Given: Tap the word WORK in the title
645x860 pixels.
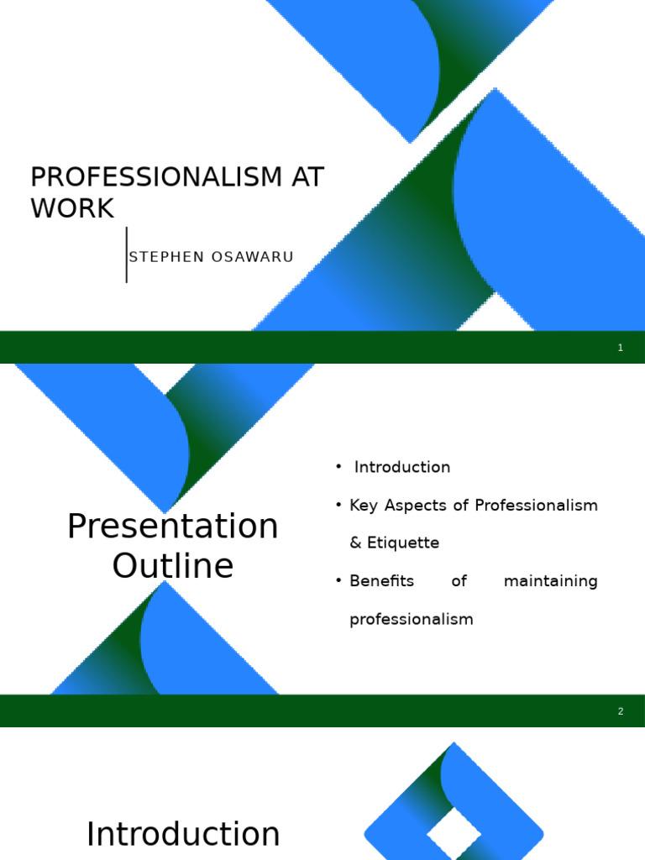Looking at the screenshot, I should click(x=72, y=208).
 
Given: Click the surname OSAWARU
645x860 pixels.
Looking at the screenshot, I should click(x=253, y=257).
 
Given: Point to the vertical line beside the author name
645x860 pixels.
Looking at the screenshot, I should click(x=127, y=254).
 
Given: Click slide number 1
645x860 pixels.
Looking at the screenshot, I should click(x=621, y=348).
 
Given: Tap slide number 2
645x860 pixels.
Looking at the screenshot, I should click(x=621, y=711).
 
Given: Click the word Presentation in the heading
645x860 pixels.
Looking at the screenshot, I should click(x=173, y=527).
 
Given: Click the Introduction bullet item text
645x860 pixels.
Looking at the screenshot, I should click(x=402, y=467).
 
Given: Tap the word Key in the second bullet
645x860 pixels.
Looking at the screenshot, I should click(x=365, y=506).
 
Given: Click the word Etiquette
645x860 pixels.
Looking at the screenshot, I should click(x=406, y=543).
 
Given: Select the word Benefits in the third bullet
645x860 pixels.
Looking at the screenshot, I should click(x=381, y=581).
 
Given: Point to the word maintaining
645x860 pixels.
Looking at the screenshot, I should click(x=551, y=581).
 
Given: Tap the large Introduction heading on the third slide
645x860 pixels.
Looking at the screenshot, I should click(x=183, y=835).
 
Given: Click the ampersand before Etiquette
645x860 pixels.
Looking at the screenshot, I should click(x=356, y=543).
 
